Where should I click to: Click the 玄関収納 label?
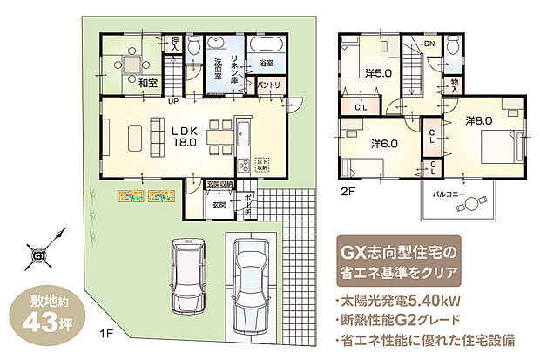click(219, 185)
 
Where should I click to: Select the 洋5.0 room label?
click(375, 75)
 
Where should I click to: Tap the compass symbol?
click(40, 255)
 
